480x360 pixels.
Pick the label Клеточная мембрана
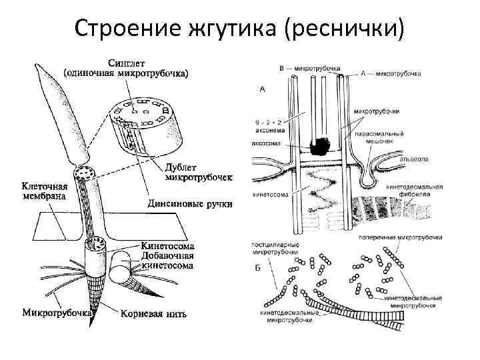click(45, 191)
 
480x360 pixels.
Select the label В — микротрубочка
click(309, 68)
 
